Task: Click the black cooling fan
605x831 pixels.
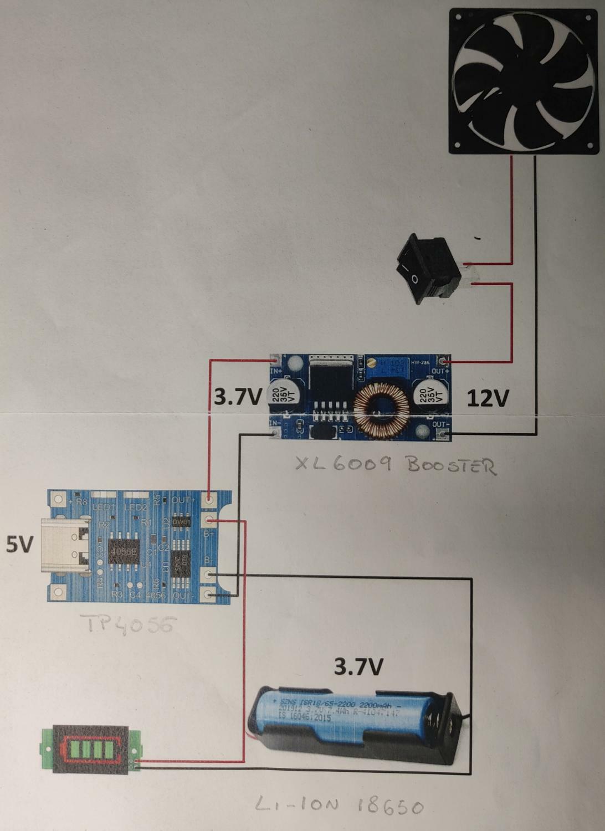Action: [523, 80]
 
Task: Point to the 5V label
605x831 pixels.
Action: [19, 545]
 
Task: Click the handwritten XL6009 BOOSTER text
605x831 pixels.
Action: [395, 464]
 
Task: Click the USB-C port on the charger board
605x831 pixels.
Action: [65, 546]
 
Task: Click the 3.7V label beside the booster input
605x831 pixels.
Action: [237, 397]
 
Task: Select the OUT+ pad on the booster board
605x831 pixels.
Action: [442, 362]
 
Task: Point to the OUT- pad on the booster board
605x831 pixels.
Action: [442, 434]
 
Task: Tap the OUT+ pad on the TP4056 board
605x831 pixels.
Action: [209, 500]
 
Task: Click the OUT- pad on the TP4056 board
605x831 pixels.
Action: [209, 595]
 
